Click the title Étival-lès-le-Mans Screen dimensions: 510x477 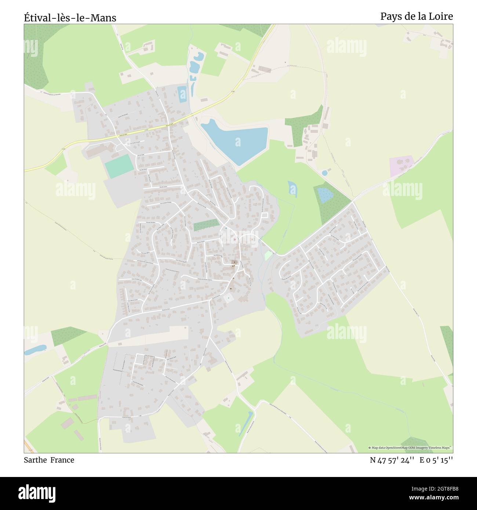(x=70, y=17)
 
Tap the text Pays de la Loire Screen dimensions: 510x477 (x=416, y=16)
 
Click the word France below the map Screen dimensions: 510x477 (x=62, y=460)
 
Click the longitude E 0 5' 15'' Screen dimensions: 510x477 (x=436, y=460)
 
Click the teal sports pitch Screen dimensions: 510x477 (x=118, y=166)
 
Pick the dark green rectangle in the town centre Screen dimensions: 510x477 (x=206, y=225)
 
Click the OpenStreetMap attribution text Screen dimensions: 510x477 (x=410, y=448)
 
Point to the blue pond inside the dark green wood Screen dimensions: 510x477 (x=324, y=195)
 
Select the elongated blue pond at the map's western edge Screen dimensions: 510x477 (x=35, y=350)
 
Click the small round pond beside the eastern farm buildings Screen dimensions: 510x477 (x=324, y=172)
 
